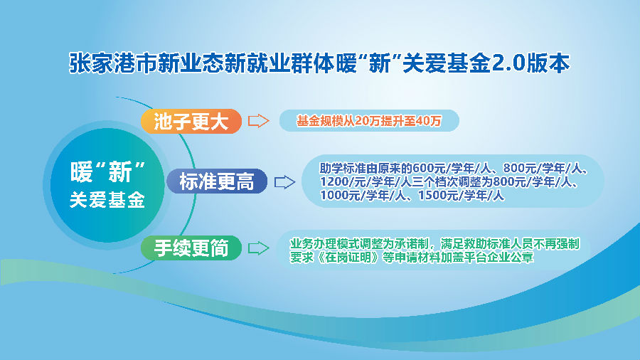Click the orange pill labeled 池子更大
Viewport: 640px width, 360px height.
[x=191, y=121]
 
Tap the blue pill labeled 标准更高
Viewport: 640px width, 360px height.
[x=217, y=181]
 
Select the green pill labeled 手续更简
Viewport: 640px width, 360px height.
[x=191, y=248]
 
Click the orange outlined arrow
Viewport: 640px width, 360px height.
[x=259, y=121]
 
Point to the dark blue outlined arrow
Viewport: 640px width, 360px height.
[x=284, y=182]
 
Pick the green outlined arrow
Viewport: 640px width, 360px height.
[x=259, y=248]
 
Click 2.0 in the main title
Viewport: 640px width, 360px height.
[x=508, y=63]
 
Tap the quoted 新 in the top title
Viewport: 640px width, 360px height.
[x=379, y=63]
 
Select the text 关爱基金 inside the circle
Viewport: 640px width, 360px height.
[x=107, y=200]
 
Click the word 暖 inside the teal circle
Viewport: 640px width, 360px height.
[x=82, y=172]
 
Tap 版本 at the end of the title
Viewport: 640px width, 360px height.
[x=548, y=63]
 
